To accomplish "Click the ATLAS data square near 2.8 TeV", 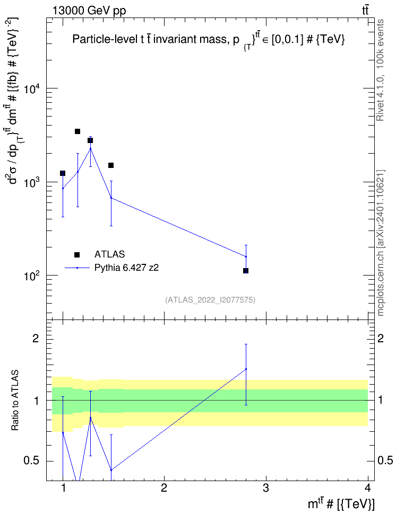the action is (x=246, y=271).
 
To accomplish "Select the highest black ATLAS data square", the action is (x=78, y=131).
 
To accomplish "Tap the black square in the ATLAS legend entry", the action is (x=77, y=254).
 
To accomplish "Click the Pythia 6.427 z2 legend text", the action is (x=126, y=268).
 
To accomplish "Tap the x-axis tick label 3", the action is (x=265, y=488).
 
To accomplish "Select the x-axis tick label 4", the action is (x=368, y=488).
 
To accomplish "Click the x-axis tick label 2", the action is (x=164, y=488).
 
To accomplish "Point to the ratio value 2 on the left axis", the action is (x=36, y=338).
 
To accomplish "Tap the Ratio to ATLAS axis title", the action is (x=15, y=401).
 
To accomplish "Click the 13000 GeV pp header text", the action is (x=89, y=11).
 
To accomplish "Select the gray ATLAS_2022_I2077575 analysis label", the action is (x=210, y=300).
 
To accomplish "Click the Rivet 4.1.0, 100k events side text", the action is (x=381, y=70).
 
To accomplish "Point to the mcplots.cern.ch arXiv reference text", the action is (x=381, y=243).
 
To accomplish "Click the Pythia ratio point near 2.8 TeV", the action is (x=246, y=369).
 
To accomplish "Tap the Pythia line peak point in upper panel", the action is (x=91, y=149).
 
